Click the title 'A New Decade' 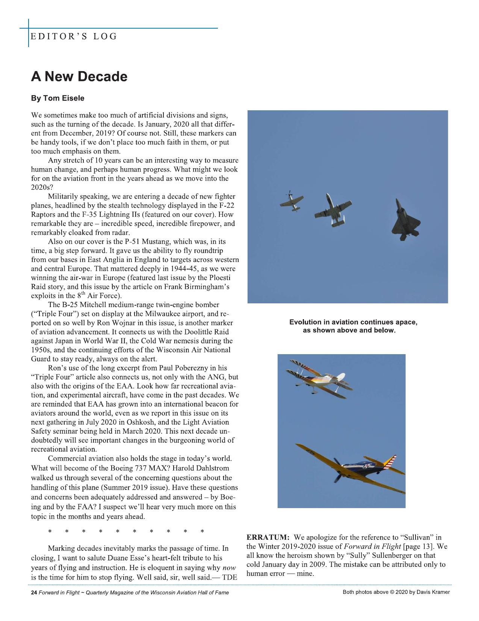coord(79,77)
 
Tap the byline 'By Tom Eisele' coord(57,98)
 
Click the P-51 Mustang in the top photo coord(290,199)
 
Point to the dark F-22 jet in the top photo coord(402,220)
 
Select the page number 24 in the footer coord(34,592)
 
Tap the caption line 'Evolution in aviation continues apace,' coord(353,322)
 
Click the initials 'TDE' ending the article coord(230,577)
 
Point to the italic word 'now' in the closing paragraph coord(229,567)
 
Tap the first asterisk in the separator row coord(50,531)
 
